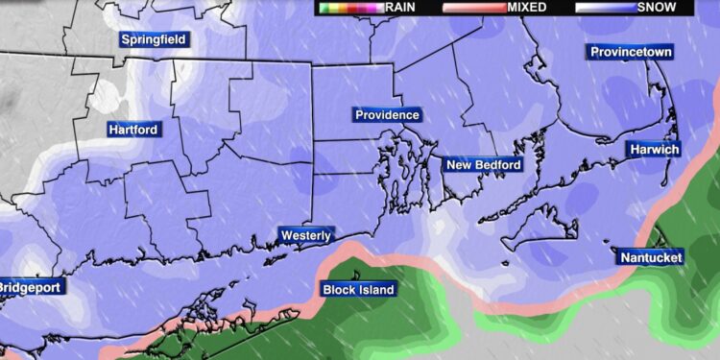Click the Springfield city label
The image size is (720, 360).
(x=154, y=40)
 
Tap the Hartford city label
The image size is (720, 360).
(x=132, y=129)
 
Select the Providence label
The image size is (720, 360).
(x=387, y=115)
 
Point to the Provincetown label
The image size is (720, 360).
(x=630, y=52)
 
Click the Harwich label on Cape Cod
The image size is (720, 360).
(x=654, y=150)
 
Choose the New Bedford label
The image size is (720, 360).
(x=483, y=165)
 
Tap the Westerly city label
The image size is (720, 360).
(x=306, y=235)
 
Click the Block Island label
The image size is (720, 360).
(x=354, y=288)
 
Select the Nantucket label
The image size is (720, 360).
(x=650, y=258)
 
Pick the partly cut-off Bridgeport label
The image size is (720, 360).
(x=29, y=288)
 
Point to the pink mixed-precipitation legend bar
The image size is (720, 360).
(x=473, y=7)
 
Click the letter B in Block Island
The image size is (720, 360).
(x=325, y=288)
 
